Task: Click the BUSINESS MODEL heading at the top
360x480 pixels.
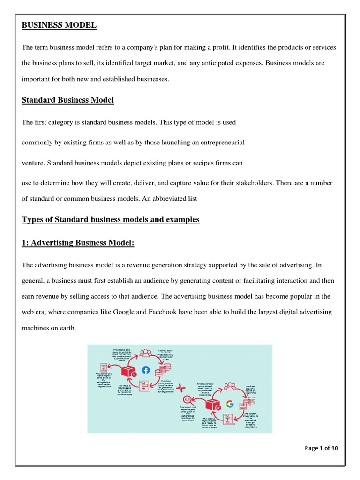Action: coord(59,25)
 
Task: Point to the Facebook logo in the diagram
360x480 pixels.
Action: coord(146,370)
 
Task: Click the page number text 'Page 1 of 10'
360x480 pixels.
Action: coord(321,448)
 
